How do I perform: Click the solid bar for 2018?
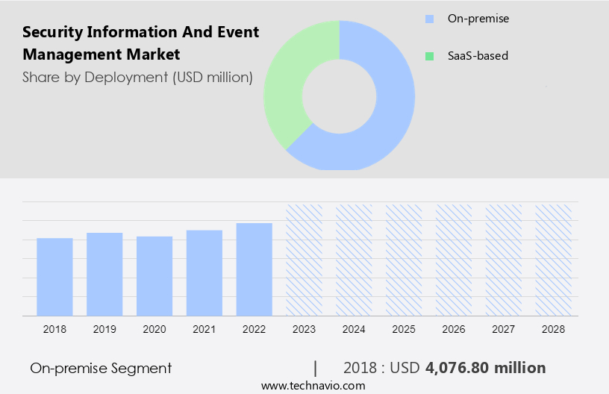pos(54,276)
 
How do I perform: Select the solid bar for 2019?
pos(104,274)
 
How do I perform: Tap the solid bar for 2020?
pos(154,275)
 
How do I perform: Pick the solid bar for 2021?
pos(204,272)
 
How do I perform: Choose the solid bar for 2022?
pos(254,269)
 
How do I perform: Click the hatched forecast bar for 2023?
pos(304,260)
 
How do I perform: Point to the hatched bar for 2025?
pos(404,260)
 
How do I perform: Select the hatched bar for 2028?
pos(553,260)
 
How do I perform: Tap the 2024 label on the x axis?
pos(354,328)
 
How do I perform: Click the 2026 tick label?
pos(454,328)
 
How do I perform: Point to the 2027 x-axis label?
pos(504,328)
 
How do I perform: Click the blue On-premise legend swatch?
pos(429,19)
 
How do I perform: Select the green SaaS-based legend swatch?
pos(429,56)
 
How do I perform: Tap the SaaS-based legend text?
pos(478,56)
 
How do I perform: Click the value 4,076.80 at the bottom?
pos(457,368)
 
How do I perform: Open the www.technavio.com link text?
pos(313,386)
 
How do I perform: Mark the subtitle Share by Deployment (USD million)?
pos(137,77)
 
